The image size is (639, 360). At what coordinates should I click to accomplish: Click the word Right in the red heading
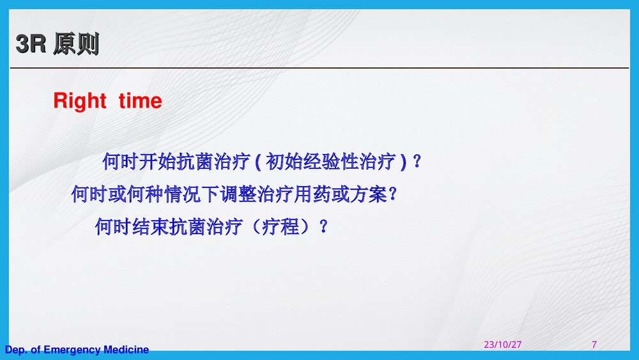pyautogui.click(x=79, y=101)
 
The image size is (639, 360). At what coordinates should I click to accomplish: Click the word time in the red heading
pyautogui.click(x=140, y=101)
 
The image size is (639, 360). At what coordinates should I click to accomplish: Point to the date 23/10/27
pyautogui.click(x=502, y=345)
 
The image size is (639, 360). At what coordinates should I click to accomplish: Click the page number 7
pyautogui.click(x=594, y=345)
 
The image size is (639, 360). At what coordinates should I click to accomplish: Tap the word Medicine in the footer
pyautogui.click(x=126, y=350)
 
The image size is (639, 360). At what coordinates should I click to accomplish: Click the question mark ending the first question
pyautogui.click(x=417, y=162)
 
